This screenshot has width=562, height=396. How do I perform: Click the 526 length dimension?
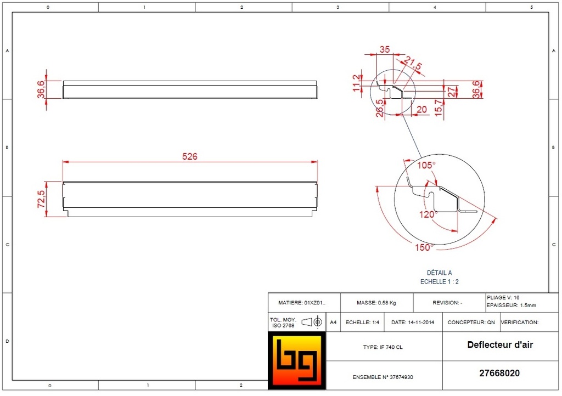(x=189, y=156)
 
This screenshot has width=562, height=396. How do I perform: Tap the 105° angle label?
(x=426, y=165)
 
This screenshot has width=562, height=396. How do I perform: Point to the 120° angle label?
(x=428, y=214)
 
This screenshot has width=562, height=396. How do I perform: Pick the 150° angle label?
(x=424, y=247)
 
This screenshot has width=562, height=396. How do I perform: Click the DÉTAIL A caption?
(x=439, y=273)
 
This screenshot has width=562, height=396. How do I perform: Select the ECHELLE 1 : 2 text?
(x=439, y=281)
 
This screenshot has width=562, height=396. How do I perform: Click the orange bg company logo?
(x=296, y=361)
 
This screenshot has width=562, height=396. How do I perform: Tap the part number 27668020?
(x=499, y=374)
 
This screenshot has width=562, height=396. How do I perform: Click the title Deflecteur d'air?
(x=500, y=345)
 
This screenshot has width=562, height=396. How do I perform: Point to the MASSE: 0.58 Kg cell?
(x=376, y=303)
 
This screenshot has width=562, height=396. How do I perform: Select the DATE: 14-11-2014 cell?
(x=412, y=323)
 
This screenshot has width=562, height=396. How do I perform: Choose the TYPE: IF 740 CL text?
(x=383, y=347)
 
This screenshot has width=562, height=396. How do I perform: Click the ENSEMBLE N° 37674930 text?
(x=383, y=377)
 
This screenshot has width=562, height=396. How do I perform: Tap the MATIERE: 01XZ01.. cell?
(x=302, y=303)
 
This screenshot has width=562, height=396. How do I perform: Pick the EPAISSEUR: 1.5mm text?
(x=511, y=306)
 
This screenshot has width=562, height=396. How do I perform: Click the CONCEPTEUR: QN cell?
(x=471, y=323)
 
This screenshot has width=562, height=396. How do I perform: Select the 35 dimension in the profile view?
(x=385, y=49)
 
